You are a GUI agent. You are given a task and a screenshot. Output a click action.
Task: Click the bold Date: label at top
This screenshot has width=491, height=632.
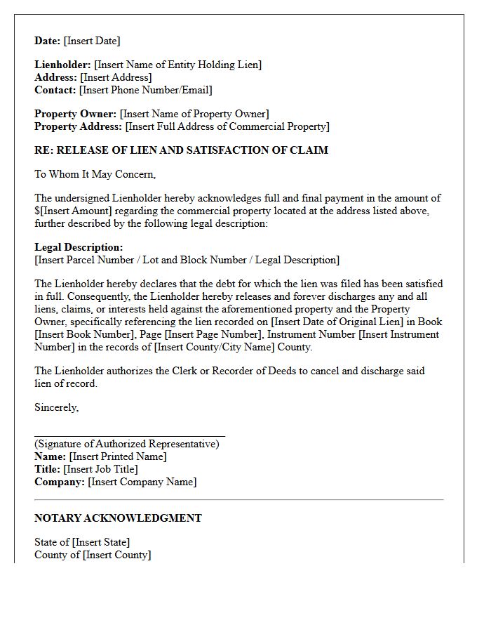click(48, 41)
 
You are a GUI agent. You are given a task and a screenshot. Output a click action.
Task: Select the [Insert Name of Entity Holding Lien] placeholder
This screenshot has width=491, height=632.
click(177, 65)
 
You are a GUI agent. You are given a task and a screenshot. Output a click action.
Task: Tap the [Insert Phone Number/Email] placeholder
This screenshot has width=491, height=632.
click(145, 90)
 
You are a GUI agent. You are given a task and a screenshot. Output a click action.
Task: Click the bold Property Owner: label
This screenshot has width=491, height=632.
click(76, 114)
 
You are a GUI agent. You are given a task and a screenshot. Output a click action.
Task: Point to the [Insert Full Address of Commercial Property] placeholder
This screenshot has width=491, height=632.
click(227, 126)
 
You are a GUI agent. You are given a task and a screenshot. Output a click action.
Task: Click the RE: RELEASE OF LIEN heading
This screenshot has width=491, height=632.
click(181, 150)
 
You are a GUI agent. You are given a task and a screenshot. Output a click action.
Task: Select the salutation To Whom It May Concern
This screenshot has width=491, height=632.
click(95, 174)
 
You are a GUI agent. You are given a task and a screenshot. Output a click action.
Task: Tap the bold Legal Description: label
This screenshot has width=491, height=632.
click(79, 247)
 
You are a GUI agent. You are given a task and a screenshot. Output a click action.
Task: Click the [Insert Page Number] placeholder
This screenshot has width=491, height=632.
click(218, 334)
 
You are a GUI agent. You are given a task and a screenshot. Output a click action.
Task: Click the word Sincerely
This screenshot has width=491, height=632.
click(56, 407)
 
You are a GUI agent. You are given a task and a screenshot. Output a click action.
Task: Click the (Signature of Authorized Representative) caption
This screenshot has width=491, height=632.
click(130, 444)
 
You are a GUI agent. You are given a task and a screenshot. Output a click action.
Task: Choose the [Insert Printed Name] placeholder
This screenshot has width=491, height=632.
click(118, 456)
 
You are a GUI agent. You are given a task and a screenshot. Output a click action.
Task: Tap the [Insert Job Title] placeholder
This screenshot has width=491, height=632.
click(100, 469)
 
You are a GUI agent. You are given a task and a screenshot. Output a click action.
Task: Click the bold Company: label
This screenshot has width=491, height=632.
click(60, 482)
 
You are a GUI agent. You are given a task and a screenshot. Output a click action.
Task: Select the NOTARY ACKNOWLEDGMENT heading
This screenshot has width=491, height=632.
click(118, 518)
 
